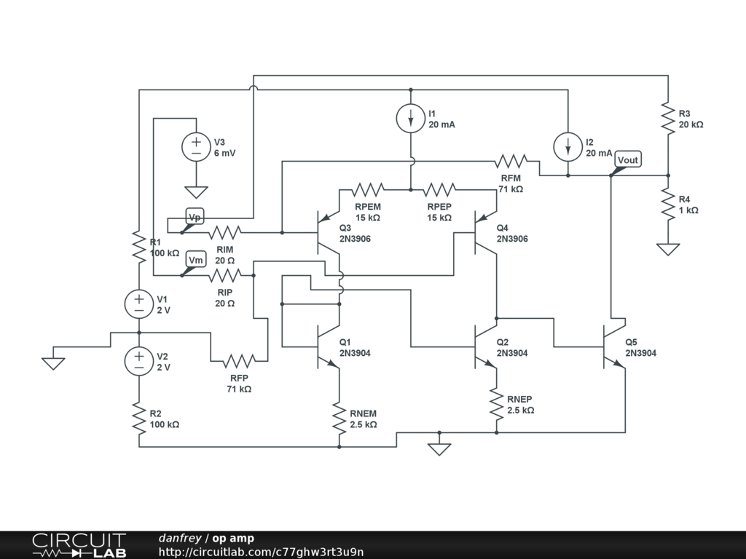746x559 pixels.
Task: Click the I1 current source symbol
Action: [x=411, y=119]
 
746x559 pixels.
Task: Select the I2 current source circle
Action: [x=568, y=147]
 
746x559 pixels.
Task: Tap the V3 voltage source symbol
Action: [x=196, y=147]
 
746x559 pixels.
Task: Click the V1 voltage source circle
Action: [x=139, y=304]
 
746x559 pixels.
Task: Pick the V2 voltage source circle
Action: [x=139, y=361]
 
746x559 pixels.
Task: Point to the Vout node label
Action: [x=628, y=159]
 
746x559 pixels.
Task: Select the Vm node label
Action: [x=195, y=260]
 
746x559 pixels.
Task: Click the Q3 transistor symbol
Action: [x=329, y=232]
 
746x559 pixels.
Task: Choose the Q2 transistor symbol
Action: [x=485, y=346]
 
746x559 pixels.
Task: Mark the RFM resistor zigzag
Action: [x=511, y=161]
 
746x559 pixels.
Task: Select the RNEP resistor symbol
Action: [x=497, y=404]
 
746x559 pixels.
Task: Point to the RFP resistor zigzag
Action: [x=239, y=361]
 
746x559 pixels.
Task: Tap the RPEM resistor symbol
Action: [x=368, y=190]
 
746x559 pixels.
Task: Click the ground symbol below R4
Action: [x=668, y=249]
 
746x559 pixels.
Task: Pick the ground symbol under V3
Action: [x=196, y=192]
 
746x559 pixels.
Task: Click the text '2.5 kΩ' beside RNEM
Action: [x=364, y=424]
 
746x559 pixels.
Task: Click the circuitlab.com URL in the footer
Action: [x=262, y=552]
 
